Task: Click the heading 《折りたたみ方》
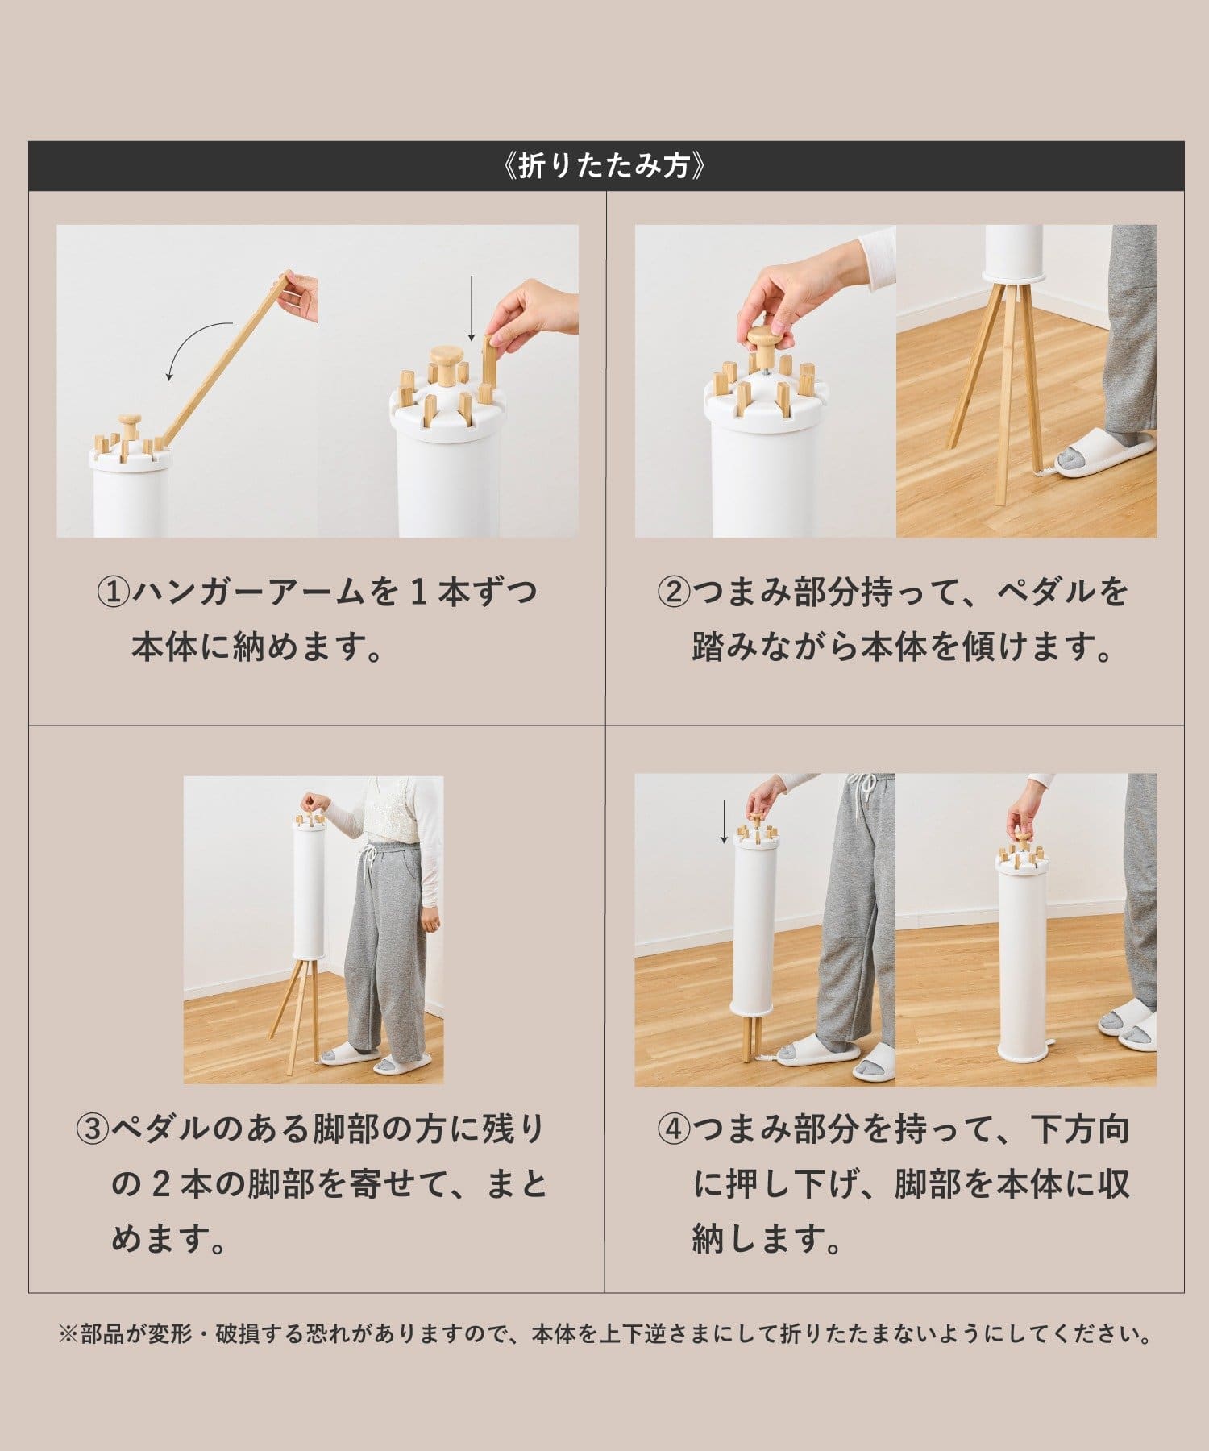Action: tap(604, 166)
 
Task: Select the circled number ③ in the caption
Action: tap(93, 1129)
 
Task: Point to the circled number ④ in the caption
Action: tap(675, 1129)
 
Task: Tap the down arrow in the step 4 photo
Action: tap(725, 821)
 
